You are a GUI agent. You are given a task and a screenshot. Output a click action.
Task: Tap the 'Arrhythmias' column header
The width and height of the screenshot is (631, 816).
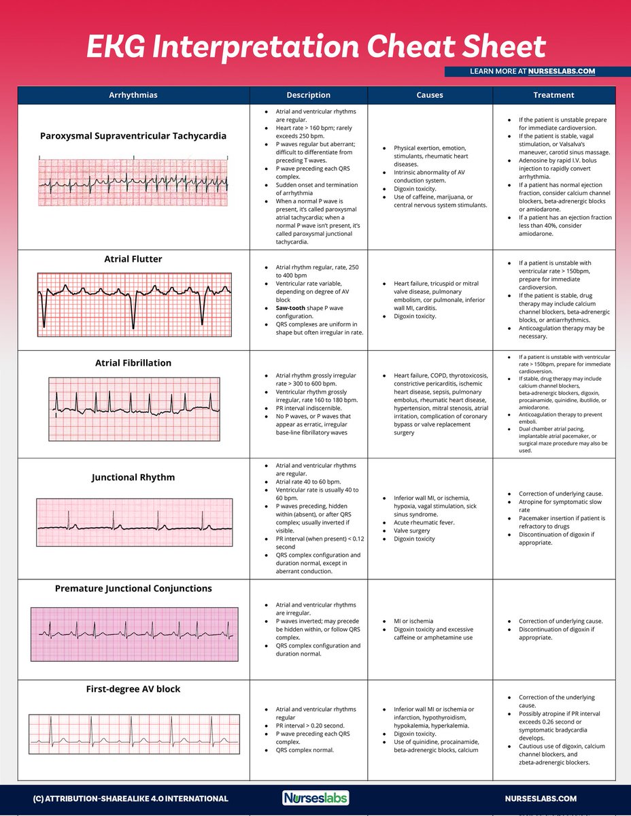pyautogui.click(x=133, y=95)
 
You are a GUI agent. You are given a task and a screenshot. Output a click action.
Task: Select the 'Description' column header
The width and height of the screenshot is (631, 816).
pyautogui.click(x=308, y=95)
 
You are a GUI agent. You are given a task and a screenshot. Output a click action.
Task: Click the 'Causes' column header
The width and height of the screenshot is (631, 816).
pyautogui.click(x=430, y=95)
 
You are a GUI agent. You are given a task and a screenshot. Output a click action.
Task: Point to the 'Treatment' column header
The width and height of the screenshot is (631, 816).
pyautogui.click(x=553, y=95)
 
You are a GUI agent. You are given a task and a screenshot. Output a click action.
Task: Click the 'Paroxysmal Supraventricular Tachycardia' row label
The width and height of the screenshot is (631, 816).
pyautogui.click(x=133, y=135)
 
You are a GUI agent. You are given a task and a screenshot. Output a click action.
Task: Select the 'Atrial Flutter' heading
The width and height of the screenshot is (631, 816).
pyautogui.click(x=133, y=259)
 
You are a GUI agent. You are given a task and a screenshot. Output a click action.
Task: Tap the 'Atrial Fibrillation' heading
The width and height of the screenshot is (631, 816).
pyautogui.click(x=133, y=363)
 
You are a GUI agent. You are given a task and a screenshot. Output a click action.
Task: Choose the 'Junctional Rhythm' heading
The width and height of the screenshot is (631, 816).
pyautogui.click(x=133, y=477)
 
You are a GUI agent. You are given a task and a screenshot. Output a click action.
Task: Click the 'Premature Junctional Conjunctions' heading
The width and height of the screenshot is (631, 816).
pyautogui.click(x=133, y=589)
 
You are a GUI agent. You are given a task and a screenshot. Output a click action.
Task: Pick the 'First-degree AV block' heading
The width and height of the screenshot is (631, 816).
pyautogui.click(x=133, y=690)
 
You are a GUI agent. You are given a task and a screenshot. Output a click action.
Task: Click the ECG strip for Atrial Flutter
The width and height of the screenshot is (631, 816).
pyautogui.click(x=133, y=305)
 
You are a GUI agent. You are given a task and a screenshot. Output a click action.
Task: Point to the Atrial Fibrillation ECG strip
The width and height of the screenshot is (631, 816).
pyautogui.click(x=133, y=405)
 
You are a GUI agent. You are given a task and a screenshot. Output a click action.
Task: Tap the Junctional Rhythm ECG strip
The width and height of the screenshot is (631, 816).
pyautogui.click(x=133, y=522)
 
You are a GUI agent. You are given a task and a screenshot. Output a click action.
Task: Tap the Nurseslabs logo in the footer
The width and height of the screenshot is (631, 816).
pyautogui.click(x=315, y=798)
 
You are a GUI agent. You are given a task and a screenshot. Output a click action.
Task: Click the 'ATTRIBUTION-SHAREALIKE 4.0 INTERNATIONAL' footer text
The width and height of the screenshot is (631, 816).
pyautogui.click(x=131, y=799)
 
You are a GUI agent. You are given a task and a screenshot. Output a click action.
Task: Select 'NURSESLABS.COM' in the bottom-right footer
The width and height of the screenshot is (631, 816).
pyautogui.click(x=541, y=799)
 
